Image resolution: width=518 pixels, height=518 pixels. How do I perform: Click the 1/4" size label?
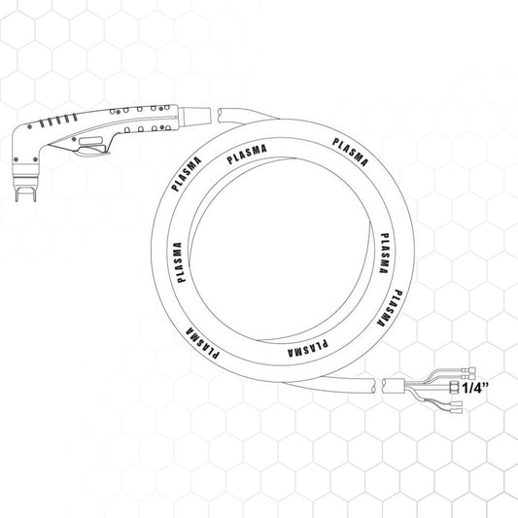coord(474,387)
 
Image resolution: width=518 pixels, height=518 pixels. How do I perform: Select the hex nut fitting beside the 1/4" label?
coord(454,387)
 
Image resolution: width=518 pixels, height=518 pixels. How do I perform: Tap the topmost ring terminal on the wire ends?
coord(469,369)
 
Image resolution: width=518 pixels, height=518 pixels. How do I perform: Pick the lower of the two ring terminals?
coord(468,377)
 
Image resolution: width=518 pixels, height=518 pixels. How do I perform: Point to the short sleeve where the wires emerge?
coord(394,386)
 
